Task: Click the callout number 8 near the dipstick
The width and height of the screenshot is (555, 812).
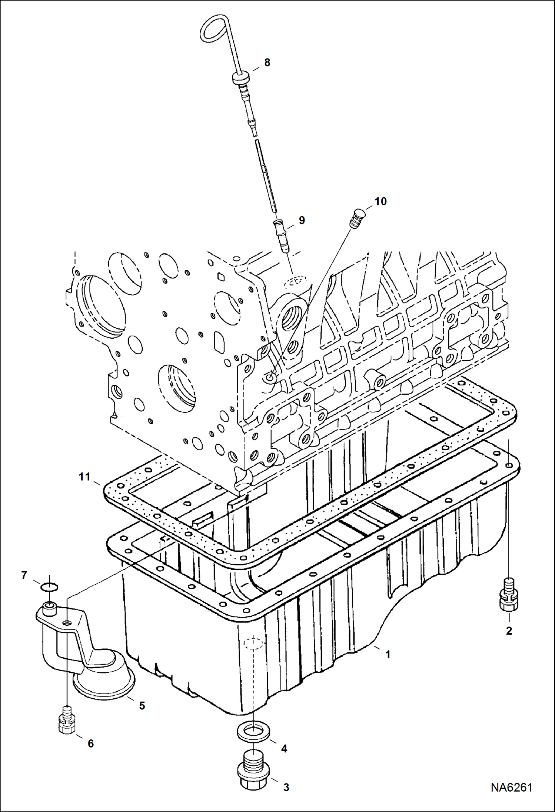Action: pyautogui.click(x=267, y=63)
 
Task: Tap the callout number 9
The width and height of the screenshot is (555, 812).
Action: pyautogui.click(x=302, y=220)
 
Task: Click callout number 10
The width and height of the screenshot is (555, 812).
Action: pyautogui.click(x=380, y=201)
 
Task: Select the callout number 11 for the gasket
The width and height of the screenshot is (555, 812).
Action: pyautogui.click(x=84, y=477)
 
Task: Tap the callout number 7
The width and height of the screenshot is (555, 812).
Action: pyautogui.click(x=24, y=575)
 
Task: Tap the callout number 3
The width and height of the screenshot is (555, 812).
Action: pyautogui.click(x=286, y=787)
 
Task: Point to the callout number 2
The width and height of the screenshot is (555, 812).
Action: pyautogui.click(x=509, y=631)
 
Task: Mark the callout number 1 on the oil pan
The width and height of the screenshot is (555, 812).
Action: pyautogui.click(x=388, y=655)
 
